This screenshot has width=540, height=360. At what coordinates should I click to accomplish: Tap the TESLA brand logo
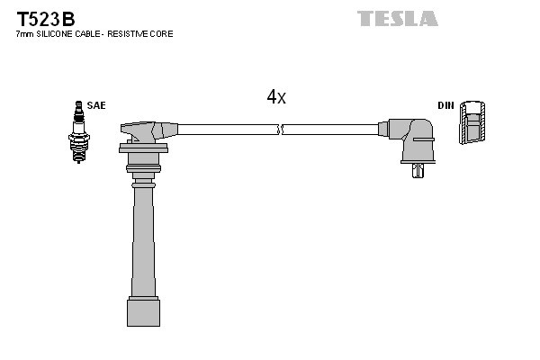click(397, 18)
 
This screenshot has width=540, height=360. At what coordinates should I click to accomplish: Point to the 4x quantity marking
click(276, 97)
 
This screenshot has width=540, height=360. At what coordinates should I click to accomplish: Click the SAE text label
click(97, 105)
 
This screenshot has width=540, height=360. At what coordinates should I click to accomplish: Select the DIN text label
click(445, 105)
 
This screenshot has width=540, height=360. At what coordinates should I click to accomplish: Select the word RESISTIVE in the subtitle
click(130, 34)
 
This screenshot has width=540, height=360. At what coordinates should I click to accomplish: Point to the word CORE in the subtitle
click(163, 34)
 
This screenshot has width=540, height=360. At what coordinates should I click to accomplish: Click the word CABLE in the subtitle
click(93, 34)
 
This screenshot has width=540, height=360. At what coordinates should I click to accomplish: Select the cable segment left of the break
click(225, 130)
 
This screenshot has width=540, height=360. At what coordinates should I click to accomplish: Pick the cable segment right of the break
click(333, 130)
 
